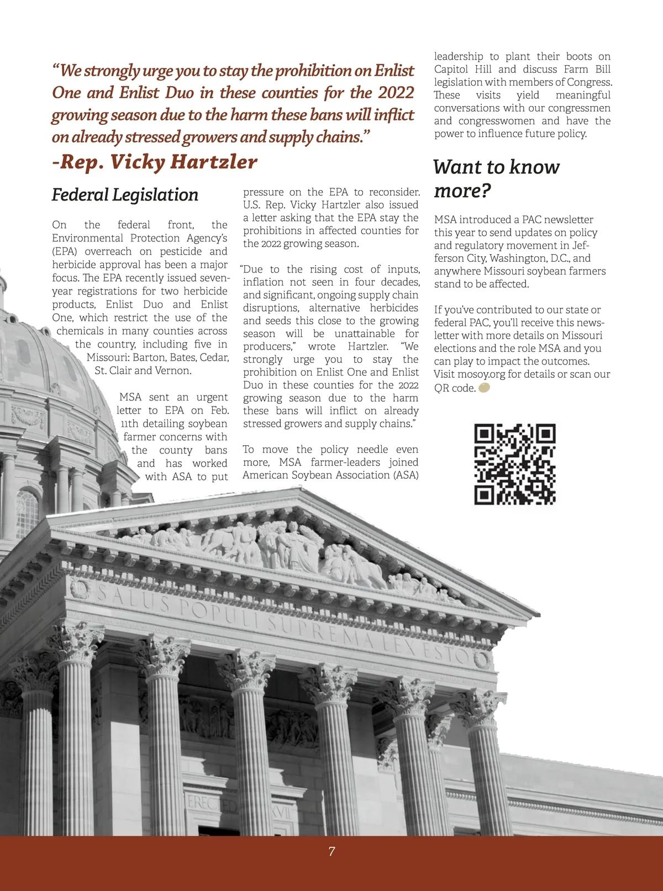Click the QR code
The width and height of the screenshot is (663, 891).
point(514,464)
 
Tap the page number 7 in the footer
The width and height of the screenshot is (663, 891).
point(331,851)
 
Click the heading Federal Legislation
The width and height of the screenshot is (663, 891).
point(125,195)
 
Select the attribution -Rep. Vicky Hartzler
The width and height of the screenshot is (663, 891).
point(155,162)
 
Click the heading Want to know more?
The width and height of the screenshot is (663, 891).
point(496,178)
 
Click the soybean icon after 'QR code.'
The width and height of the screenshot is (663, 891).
point(483,388)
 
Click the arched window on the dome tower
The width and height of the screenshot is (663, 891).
point(27,514)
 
